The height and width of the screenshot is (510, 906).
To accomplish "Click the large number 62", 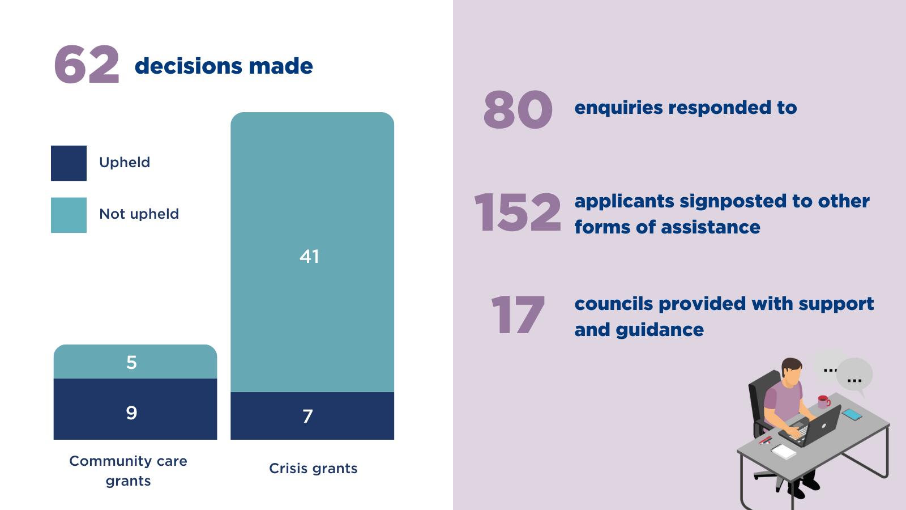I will coord(87,65).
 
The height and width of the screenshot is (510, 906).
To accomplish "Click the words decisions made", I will coord(224,66).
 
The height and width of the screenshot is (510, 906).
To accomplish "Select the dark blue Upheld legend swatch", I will coord(69,163).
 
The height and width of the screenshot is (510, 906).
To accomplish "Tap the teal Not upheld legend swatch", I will coord(69,215).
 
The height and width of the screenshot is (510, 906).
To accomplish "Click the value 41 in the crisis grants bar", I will coord(309,257).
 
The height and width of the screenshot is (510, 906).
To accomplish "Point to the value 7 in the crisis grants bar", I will coord(307,416).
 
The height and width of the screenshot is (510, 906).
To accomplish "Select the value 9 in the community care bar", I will coord(131,413).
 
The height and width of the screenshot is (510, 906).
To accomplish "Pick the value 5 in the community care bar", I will coord(131,363).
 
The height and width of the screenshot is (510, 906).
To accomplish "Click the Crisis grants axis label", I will coord(313,469).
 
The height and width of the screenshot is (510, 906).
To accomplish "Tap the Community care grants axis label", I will coord(129,471).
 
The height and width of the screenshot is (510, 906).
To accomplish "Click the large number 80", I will coord(518,110).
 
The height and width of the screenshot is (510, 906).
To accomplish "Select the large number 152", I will coord(517,212).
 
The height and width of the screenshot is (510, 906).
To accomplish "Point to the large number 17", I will coord(518,315).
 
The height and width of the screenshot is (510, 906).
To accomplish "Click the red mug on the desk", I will coord(823,402).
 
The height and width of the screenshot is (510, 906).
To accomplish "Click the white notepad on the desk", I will coord(784,451).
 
